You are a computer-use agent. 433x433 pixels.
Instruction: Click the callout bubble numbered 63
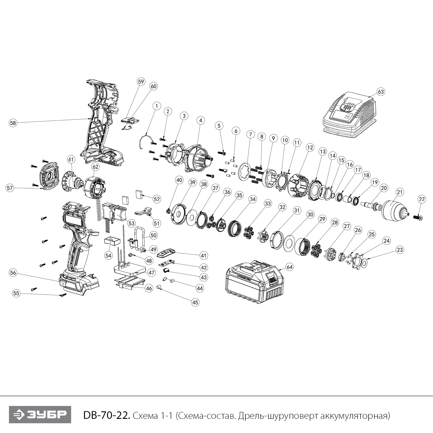coord(381,92)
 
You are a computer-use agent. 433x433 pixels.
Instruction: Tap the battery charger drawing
coord(349,115)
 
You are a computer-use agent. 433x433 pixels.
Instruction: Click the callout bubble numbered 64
coord(290,267)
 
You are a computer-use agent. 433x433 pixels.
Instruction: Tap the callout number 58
coord(13,123)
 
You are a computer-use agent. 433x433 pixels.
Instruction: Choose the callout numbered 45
coord(195,302)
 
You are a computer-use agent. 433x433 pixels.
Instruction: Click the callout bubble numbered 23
coord(400,250)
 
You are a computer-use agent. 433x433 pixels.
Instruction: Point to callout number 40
coord(179,180)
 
